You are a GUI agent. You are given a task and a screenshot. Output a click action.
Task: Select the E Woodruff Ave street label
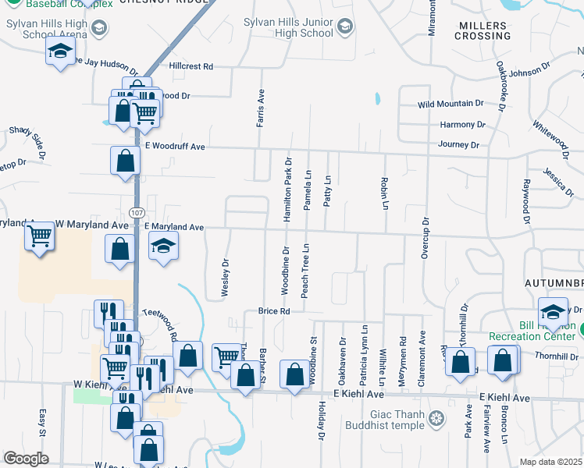[174, 147]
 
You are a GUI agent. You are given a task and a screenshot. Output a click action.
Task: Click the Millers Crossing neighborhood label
[484, 31]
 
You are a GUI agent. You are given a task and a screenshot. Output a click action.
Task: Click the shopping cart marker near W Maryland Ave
[39, 236]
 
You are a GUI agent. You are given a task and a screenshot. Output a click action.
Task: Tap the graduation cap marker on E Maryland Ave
[162, 247]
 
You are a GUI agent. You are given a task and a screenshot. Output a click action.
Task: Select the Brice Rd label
[274, 311]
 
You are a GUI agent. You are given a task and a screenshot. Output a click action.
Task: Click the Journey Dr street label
[458, 144]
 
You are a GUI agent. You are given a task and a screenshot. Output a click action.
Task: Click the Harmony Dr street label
[457, 125]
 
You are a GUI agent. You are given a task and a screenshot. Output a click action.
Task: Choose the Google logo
[26, 459]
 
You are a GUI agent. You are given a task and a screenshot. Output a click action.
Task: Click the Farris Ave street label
[262, 107]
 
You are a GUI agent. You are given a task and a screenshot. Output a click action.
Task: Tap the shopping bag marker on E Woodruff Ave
[125, 161]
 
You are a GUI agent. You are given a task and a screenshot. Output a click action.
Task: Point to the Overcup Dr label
[426, 236]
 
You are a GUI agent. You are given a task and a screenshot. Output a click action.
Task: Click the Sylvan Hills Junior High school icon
[344, 30]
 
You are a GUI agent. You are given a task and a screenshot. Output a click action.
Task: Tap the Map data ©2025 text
[551, 462]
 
